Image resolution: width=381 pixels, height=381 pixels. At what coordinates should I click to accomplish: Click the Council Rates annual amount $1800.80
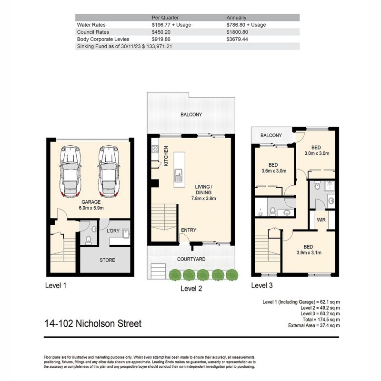[x=237, y=32]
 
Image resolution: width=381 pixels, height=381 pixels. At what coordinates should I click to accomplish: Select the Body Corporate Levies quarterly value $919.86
[x=161, y=39]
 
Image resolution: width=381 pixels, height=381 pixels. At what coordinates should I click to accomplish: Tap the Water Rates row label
[x=91, y=25]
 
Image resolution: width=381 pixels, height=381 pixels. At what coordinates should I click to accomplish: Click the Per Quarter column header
[x=165, y=18]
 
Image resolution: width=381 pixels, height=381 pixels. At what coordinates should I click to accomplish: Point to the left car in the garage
[x=70, y=171]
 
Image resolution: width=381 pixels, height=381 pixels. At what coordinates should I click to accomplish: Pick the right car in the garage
[x=109, y=171]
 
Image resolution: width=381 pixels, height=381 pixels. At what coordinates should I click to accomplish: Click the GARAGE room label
[x=91, y=202]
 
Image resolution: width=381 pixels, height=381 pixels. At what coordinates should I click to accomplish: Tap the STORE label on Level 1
[x=108, y=260]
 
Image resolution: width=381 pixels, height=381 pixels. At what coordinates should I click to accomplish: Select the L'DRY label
[x=113, y=231]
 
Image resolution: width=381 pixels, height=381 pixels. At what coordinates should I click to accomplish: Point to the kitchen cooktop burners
[x=155, y=149]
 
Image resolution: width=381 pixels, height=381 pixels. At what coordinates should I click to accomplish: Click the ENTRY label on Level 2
[x=189, y=230]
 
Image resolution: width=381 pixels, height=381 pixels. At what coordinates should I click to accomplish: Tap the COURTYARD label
[x=191, y=259]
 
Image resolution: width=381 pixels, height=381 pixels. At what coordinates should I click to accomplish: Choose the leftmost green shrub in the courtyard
[x=175, y=275]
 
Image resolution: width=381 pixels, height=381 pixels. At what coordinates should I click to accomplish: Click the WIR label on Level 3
[x=321, y=220]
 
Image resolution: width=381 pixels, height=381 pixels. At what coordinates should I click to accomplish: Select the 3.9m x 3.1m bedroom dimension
[x=309, y=253]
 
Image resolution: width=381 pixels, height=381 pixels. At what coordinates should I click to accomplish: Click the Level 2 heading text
[x=191, y=289]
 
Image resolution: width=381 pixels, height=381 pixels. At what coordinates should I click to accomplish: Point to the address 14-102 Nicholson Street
[x=93, y=324]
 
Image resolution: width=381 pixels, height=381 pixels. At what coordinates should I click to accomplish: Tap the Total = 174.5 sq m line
[x=321, y=320]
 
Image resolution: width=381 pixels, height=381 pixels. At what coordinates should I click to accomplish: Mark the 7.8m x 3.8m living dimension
[x=204, y=198]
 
